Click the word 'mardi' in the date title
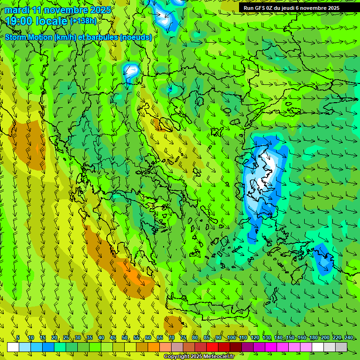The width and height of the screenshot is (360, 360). [17, 10]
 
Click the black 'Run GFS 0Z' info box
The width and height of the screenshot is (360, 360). [298, 7]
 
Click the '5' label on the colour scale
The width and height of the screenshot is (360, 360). [17, 337]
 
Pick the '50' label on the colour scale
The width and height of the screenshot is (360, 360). [125, 337]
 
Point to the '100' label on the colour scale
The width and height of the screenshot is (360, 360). [231, 337]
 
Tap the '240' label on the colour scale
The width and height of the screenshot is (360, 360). [348, 337]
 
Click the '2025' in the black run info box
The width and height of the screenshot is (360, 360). [333, 7]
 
